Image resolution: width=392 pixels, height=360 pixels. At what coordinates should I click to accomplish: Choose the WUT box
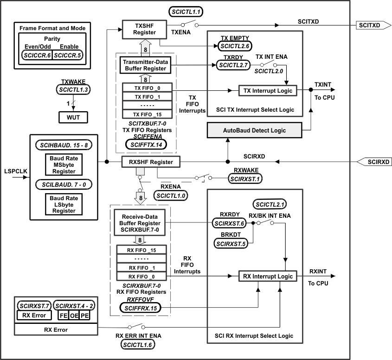[72, 117]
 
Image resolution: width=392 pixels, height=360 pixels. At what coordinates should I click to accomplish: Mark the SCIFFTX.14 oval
[146, 144]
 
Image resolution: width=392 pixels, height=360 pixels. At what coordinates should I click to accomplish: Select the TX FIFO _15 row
[146, 114]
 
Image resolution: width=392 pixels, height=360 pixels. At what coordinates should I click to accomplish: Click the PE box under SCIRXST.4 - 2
[84, 316]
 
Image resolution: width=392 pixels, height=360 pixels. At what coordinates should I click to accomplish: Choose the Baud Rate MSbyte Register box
[64, 164]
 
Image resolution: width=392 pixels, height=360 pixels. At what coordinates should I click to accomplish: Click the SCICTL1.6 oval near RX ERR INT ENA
[139, 344]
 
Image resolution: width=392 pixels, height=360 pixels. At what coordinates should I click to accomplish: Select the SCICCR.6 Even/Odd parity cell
[37, 55]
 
